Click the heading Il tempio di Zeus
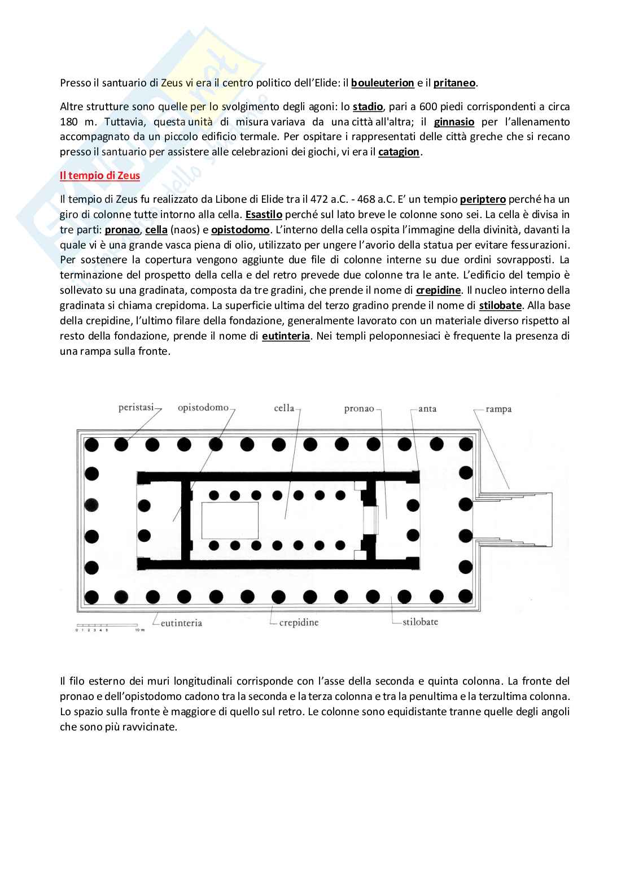tap(100, 176)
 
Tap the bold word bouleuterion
tap(383, 83)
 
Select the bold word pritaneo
tap(454, 83)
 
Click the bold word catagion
tap(399, 152)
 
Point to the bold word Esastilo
tap(264, 215)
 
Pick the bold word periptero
tap(483, 199)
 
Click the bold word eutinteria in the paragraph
tap(286, 336)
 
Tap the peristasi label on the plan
tap(136, 407)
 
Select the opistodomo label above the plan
tap(203, 407)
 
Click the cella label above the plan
tap(284, 408)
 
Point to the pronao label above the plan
tap(359, 408)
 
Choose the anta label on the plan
tap(427, 408)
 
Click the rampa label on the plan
tap(498, 409)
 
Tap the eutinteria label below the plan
tap(181, 623)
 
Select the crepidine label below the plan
tap(299, 623)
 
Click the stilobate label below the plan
tap(420, 622)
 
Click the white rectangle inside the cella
tap(230, 520)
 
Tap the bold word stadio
tap(368, 107)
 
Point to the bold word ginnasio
tap(454, 122)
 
